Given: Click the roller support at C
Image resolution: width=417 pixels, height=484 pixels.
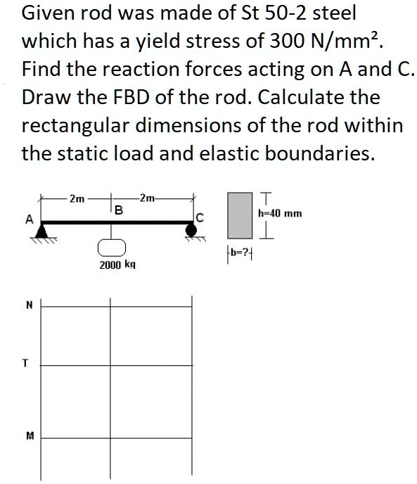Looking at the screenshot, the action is point(190,230).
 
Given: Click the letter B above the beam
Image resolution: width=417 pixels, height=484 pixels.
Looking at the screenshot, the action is point(118,210).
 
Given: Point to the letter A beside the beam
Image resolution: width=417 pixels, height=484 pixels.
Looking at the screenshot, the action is point(29,219).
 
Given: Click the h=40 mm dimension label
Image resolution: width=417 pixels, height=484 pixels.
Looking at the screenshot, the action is point(280,211).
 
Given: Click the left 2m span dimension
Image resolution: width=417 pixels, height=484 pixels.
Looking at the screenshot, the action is point(77,198).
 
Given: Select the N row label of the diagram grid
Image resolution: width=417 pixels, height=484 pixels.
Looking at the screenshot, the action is point(29,305).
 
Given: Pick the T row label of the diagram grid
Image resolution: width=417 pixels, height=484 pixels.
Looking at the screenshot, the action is point(26,364).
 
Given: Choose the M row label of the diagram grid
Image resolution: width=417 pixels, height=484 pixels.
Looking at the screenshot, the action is point(29,435).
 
